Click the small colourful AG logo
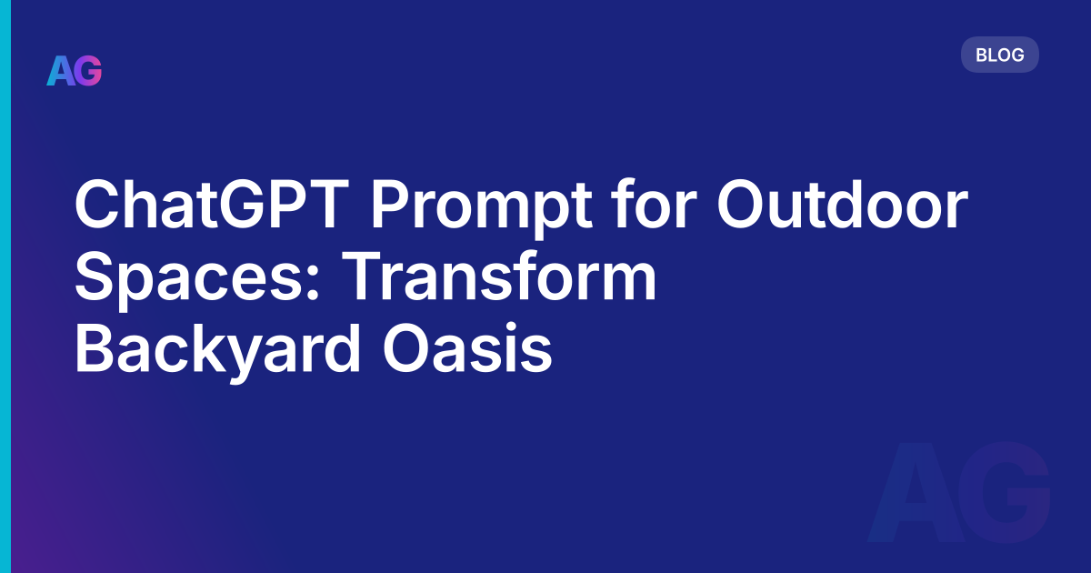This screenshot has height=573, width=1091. tap(75, 71)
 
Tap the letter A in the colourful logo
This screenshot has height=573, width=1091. tap(60, 71)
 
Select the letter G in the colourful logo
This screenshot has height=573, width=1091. tap(88, 71)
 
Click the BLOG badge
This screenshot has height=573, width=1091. tap(999, 55)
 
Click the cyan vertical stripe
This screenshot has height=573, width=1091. tap(5, 286)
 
